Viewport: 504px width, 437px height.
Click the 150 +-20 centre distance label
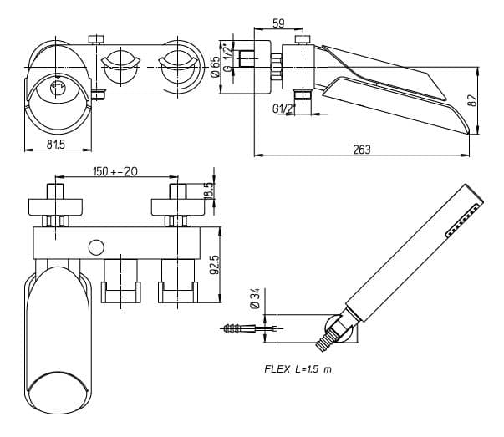(x=115, y=172)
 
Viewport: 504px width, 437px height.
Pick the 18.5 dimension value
(x=209, y=190)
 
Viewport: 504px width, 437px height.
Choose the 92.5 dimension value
(x=214, y=267)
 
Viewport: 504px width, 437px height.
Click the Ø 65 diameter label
(x=214, y=63)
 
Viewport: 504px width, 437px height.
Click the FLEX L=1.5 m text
(x=297, y=368)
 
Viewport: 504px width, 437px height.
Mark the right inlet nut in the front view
(x=177, y=221)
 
